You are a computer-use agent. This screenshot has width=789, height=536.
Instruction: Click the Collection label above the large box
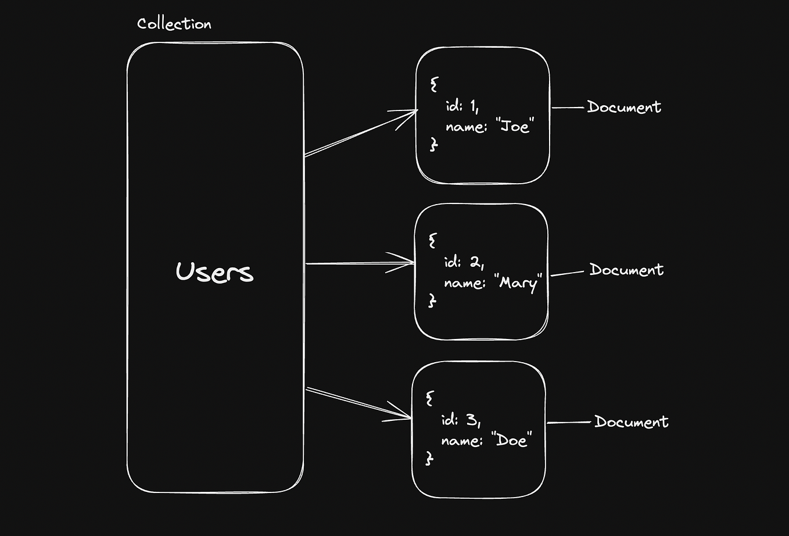(x=174, y=24)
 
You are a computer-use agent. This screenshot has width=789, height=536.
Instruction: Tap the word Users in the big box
(x=214, y=272)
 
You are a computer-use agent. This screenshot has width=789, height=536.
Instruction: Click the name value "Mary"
(x=520, y=283)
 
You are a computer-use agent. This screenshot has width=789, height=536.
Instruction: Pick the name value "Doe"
(x=512, y=441)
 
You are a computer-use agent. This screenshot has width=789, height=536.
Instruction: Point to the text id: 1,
(x=462, y=105)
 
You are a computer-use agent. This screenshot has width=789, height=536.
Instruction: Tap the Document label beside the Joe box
(x=624, y=107)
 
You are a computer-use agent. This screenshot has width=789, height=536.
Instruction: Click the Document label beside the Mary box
(x=626, y=270)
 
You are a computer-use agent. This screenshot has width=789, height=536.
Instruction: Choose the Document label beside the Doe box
(x=631, y=422)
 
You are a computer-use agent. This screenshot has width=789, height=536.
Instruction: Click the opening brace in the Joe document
(x=434, y=85)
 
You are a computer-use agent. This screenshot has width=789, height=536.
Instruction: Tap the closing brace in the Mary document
(x=432, y=301)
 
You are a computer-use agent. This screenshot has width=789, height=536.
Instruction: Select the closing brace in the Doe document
(x=429, y=459)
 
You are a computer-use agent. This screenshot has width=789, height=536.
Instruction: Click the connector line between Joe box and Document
(x=568, y=108)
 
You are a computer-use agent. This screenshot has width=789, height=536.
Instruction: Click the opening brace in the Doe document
(x=430, y=398)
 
